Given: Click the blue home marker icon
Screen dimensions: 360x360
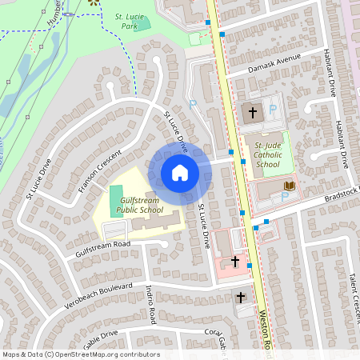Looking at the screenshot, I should tap(180, 173).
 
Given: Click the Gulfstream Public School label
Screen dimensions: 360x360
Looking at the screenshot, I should tap(134, 204).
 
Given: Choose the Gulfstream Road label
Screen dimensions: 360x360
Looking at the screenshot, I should tap(102, 247).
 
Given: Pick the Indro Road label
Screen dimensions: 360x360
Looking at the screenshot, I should tap(150, 305).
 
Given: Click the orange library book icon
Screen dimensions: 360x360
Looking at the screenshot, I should tap(290, 186).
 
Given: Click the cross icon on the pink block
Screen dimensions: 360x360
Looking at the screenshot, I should tap(235, 261).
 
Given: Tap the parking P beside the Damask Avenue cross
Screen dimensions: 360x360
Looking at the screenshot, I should tap(272, 110).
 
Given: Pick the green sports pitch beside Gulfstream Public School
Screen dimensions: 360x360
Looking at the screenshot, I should tap(116, 194).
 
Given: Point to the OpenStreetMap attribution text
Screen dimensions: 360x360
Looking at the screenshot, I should tap(80, 354).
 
